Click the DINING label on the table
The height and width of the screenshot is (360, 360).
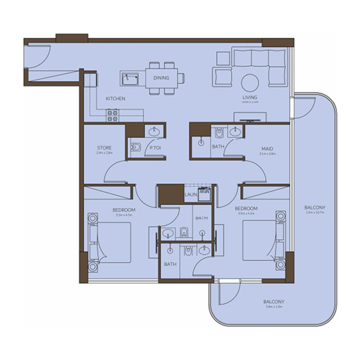click(x=161, y=78)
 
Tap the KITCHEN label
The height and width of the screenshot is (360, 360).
click(x=115, y=99)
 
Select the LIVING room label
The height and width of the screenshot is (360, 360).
click(x=249, y=97)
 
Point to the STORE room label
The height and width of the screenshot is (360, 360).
click(x=104, y=148)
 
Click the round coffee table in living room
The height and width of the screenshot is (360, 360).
click(x=250, y=82)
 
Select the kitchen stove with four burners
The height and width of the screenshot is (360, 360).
click(x=112, y=116)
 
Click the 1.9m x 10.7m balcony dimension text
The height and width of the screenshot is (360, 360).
click(x=315, y=212)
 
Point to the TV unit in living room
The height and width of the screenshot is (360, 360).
click(x=249, y=120)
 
